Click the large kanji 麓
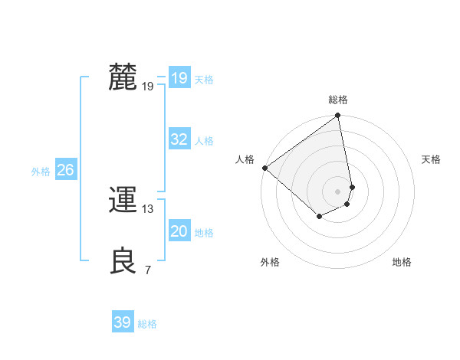tap(123, 77)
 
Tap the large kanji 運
tap(123, 201)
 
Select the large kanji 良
tap(123, 260)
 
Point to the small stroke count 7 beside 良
tap(148, 270)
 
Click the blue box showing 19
tap(179, 78)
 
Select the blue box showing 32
tap(179, 139)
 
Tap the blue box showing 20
tap(179, 231)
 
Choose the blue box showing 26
tap(65, 170)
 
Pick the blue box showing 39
tap(123, 322)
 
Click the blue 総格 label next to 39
tap(147, 324)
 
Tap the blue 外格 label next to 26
tap(41, 172)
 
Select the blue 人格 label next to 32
tap(204, 141)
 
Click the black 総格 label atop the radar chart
tap(338, 100)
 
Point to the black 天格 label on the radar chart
tap(431, 159)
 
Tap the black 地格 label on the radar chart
tap(402, 263)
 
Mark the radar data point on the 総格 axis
tap(338, 116)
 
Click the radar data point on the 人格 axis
tap(264, 168)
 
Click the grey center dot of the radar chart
tap(338, 191)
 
